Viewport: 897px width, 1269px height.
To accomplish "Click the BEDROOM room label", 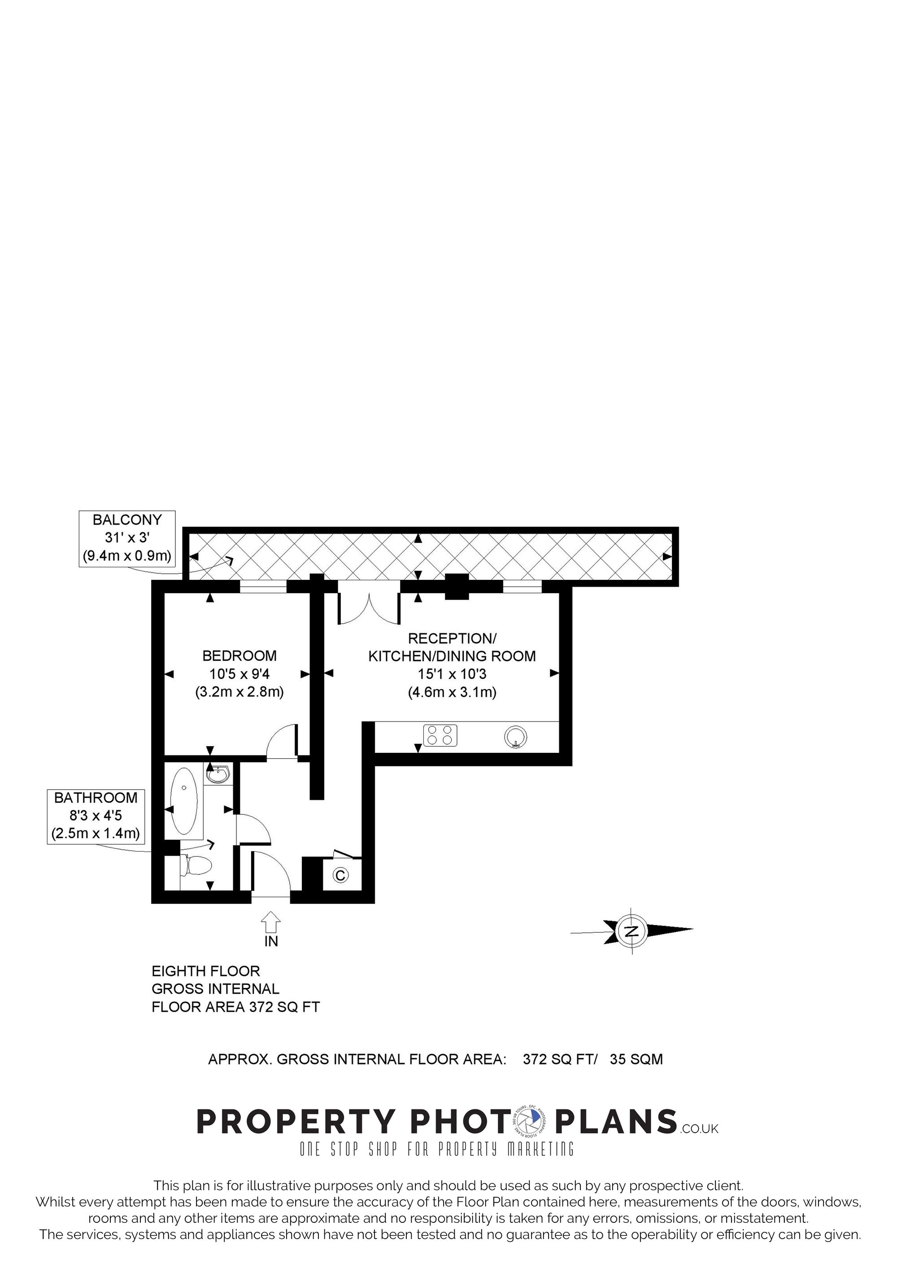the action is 239,656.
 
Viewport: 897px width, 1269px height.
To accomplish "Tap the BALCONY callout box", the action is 127,539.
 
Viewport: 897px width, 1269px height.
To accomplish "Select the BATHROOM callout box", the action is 96,817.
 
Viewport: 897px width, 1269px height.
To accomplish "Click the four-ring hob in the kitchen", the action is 440,736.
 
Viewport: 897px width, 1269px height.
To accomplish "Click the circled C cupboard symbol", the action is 340,875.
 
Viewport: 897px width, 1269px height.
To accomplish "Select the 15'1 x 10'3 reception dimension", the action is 452,674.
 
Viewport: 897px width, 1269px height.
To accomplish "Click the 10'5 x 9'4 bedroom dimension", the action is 239,674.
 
